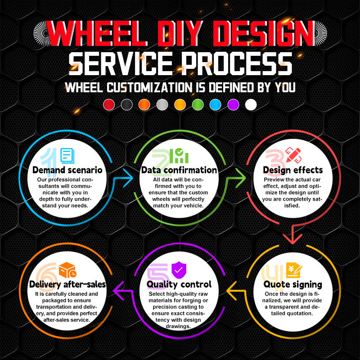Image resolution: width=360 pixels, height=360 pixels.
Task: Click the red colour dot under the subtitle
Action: point(109,105)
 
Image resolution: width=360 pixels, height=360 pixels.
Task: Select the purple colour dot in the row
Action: point(233,105)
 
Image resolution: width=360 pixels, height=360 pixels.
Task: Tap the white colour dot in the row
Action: point(251,105)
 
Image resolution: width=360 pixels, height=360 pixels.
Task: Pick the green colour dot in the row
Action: point(198,105)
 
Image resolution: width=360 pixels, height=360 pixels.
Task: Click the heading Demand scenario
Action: point(67,170)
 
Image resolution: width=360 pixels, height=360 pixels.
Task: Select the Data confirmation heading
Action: point(179,170)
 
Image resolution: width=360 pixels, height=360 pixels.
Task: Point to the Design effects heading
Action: point(292,170)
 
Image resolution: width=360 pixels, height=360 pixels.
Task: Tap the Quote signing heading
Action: point(292,284)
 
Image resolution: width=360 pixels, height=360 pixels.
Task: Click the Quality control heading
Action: point(179,284)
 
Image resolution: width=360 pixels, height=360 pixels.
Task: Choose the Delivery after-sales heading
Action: point(67,284)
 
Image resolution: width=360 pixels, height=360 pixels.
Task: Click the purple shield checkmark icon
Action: point(179,270)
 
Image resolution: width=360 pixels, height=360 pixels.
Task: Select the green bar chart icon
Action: point(181,156)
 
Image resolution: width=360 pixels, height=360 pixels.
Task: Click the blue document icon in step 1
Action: point(67,156)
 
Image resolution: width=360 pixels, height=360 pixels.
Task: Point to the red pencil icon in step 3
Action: point(293,155)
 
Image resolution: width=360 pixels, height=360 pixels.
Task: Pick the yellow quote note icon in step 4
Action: point(294,270)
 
